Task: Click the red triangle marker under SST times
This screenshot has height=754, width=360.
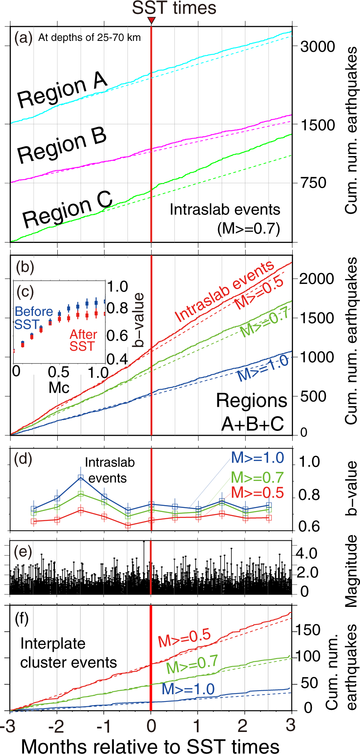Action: pos(151,20)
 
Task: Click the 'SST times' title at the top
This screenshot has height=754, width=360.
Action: pos(174,8)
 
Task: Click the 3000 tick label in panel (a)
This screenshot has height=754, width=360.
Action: pos(318,46)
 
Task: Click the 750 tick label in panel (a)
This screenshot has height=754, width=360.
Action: pos(313,183)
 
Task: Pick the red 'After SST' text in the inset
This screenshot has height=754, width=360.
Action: pos(83,340)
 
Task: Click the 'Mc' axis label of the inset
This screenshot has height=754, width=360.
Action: pos(59,388)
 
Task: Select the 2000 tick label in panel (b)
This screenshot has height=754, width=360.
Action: pos(317,278)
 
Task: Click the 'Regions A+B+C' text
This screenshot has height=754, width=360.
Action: pos(252,412)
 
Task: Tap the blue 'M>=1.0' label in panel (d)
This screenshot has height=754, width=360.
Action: pos(257,458)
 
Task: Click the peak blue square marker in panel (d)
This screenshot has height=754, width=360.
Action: pos(81,477)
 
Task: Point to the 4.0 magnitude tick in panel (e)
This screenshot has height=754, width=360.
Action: pos(307,554)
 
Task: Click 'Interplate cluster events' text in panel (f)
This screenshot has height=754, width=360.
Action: pos(68,653)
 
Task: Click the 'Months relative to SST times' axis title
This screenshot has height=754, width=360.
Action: pos(150,746)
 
